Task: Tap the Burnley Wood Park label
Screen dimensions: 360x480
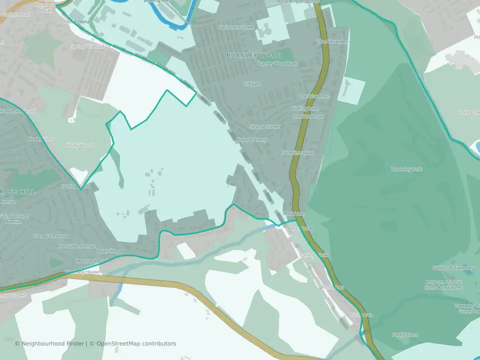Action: point(277,63)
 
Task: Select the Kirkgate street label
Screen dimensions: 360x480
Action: point(252,84)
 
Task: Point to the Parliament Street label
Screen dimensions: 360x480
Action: point(236,27)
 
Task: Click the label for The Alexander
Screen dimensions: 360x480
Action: point(332,41)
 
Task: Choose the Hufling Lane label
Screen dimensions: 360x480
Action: point(305,108)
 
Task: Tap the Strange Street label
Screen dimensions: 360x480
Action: point(264,127)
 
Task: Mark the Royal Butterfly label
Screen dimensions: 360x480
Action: point(252,140)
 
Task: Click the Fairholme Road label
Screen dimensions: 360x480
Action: point(297,152)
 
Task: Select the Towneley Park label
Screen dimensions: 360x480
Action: point(406,169)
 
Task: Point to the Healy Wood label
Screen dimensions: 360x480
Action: point(79,145)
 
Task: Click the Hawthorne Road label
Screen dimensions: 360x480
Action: point(17,111)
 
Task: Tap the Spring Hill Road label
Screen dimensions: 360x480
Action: point(87,46)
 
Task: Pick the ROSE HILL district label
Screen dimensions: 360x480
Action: point(17,191)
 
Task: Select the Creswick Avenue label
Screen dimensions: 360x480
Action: point(50,236)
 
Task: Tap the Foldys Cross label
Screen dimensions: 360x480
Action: point(405,335)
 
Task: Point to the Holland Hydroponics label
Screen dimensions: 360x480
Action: point(298,2)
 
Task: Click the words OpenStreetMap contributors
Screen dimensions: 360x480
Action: point(136,343)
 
